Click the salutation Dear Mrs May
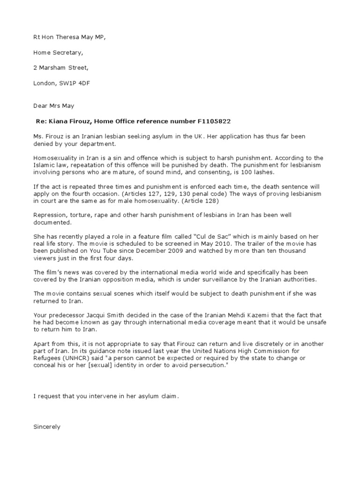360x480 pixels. tap(54, 106)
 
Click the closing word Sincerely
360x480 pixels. tap(47, 427)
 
